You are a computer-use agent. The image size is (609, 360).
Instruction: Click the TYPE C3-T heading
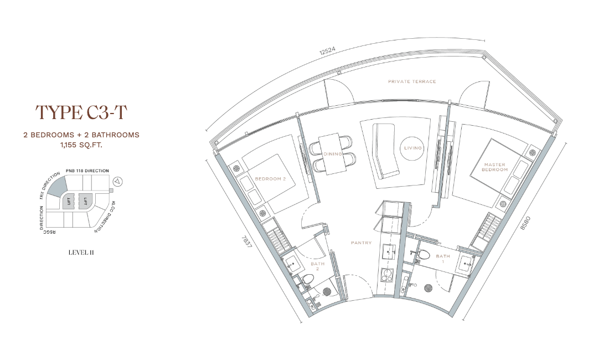click(x=81, y=112)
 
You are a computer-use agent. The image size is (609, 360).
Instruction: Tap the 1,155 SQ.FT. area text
click(x=81, y=145)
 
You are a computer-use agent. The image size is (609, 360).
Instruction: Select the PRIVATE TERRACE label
click(x=412, y=81)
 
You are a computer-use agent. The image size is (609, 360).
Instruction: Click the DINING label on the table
click(x=333, y=154)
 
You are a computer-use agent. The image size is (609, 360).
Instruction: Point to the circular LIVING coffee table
click(x=413, y=148)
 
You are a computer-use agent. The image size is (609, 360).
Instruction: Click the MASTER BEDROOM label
click(x=495, y=167)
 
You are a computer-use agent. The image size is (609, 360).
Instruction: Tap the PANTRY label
click(x=362, y=243)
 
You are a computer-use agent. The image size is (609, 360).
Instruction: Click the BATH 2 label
click(x=318, y=266)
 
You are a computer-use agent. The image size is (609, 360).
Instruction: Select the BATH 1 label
click(x=443, y=259)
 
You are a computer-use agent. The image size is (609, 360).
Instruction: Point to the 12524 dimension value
click(x=327, y=52)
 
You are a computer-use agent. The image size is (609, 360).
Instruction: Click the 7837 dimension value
click(x=245, y=244)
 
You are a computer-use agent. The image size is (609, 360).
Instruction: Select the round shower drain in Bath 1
click(x=429, y=288)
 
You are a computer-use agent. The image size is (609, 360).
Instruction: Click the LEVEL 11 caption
click(x=81, y=253)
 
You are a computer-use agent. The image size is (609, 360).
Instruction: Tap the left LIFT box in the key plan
click(x=69, y=201)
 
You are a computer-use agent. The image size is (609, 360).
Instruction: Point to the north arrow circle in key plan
click(x=117, y=181)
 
